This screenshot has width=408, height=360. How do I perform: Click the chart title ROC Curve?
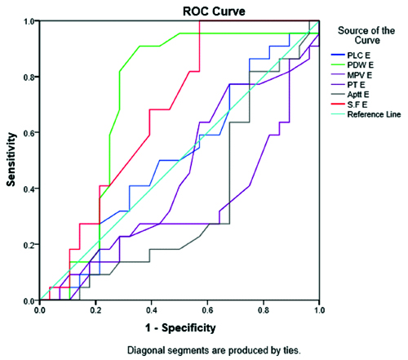pos(214,11)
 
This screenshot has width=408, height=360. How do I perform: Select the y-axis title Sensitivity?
pos(11,159)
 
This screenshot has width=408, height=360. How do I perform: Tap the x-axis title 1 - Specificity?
pos(180,328)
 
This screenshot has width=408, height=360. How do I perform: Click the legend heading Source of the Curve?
pos(366,35)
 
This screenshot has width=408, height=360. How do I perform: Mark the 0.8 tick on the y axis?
pos(38,77)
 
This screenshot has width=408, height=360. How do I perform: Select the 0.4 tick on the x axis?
pos(152,302)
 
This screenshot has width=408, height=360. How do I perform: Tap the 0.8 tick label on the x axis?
pos(264,310)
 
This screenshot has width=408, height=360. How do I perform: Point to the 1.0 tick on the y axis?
pos(38,21)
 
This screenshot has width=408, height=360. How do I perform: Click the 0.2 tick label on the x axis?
pos(95,310)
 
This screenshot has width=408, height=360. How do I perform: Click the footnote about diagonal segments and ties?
pos(214,350)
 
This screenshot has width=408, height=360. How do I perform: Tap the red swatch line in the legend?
pos(338,104)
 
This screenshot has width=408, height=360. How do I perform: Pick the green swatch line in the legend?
pos(338,65)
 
